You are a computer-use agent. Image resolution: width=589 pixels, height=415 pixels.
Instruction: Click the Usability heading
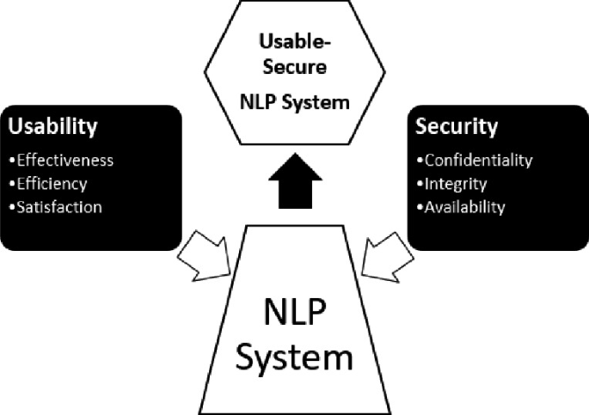[52, 127]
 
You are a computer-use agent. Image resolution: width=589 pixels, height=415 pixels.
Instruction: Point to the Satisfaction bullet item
[58, 206]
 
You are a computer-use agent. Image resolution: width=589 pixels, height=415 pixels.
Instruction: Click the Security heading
[457, 127]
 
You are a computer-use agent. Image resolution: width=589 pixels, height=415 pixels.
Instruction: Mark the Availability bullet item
[464, 206]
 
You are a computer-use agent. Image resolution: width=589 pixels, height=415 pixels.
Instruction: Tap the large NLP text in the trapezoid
[295, 308]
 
